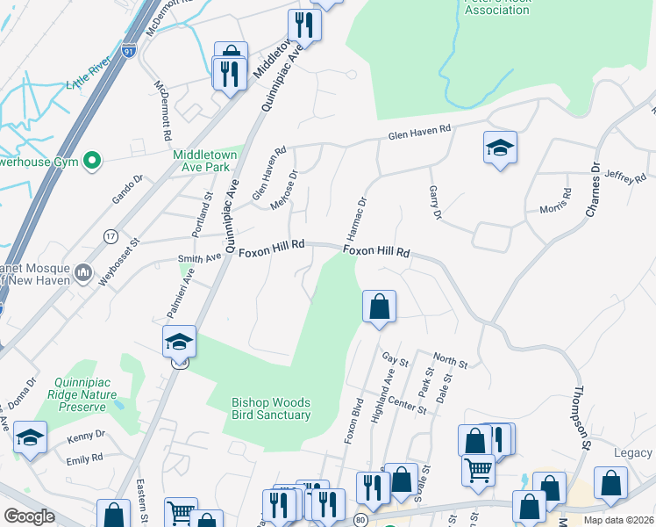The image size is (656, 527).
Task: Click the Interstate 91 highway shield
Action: click(129, 53)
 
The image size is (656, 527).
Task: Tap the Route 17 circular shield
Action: click(111, 236)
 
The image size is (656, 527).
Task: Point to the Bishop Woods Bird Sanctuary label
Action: click(271, 408)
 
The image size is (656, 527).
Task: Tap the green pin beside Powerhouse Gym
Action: click(90, 161)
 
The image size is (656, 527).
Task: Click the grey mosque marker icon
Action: click(84, 271)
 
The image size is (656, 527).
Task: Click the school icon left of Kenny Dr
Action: click(30, 438)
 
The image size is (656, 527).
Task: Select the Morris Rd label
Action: click(554, 201)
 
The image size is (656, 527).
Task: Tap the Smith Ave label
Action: click(200, 258)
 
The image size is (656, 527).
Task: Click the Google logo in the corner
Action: click(30, 516)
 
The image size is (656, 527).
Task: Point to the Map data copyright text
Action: click(618, 520)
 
